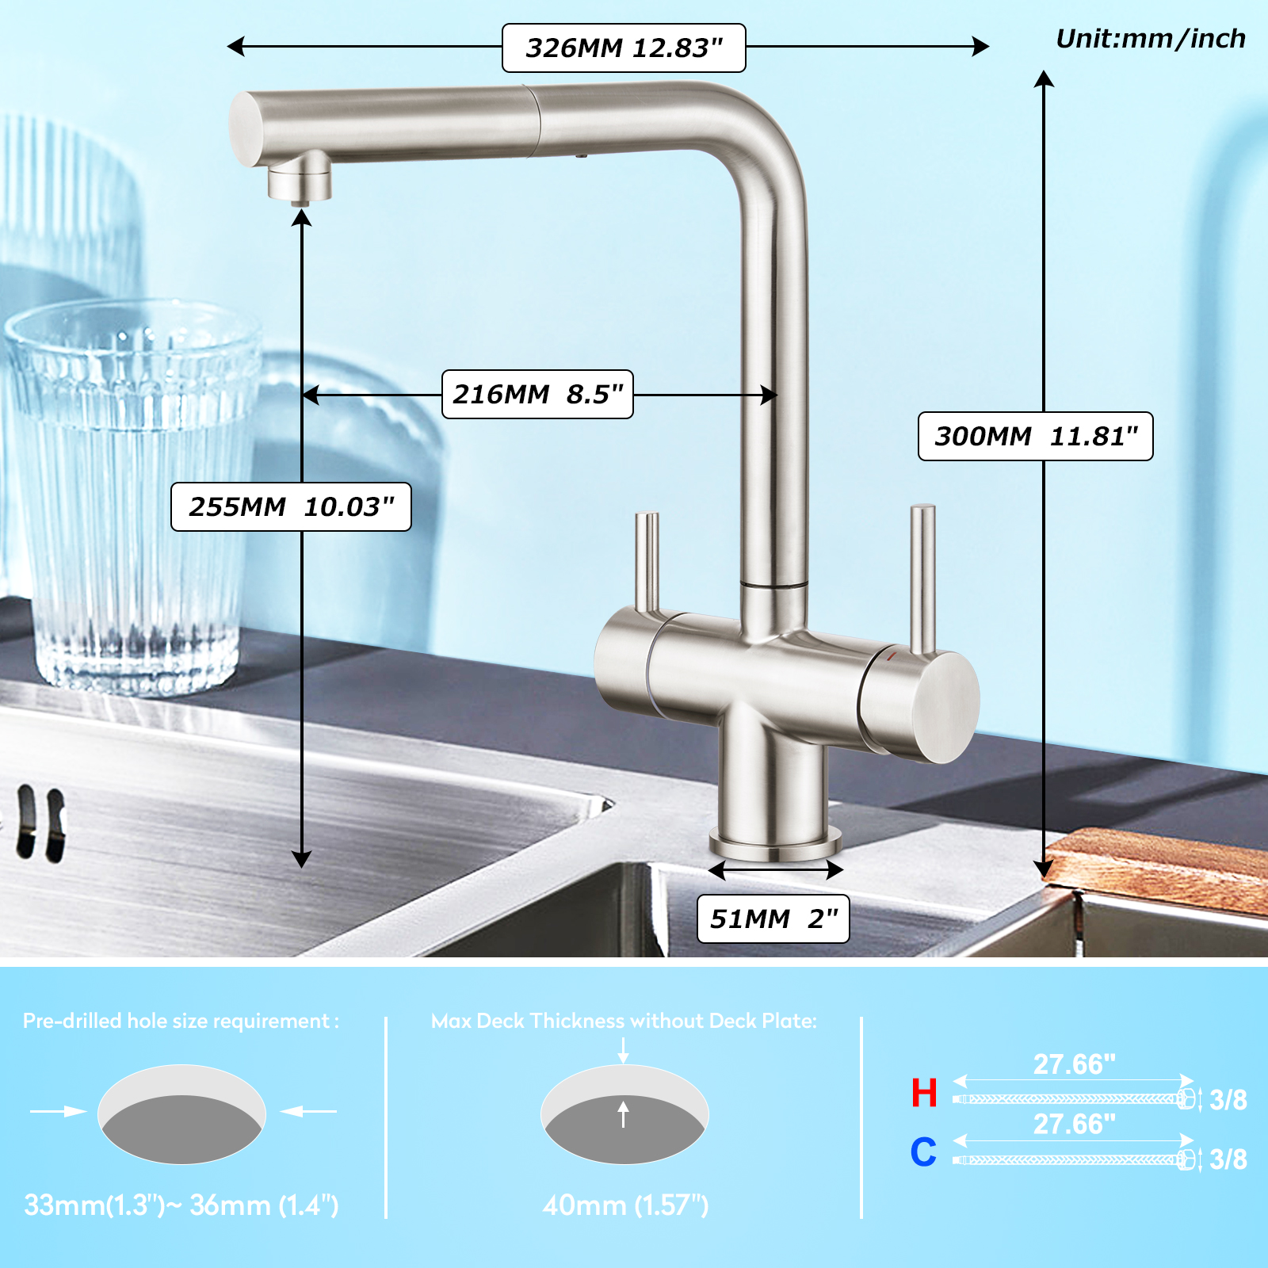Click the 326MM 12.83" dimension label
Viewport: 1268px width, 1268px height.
[624, 48]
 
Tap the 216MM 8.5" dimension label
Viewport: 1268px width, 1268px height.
[537, 394]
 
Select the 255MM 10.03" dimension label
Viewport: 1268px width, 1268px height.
[291, 506]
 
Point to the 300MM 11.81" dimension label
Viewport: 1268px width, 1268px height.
[1035, 436]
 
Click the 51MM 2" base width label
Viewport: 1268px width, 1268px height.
[773, 919]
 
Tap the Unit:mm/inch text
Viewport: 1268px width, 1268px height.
[1150, 39]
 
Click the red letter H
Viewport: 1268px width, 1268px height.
[924, 1093]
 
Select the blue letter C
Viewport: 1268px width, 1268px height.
[923, 1152]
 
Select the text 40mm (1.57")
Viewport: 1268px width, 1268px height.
[625, 1205]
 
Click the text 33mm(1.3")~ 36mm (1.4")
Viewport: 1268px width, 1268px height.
[181, 1205]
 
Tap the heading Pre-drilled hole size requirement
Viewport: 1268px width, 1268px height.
[181, 1021]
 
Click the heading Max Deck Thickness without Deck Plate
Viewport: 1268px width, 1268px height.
[624, 1021]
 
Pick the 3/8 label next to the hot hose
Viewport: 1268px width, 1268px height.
[1228, 1100]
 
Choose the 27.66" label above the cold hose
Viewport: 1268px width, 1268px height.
[1074, 1124]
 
